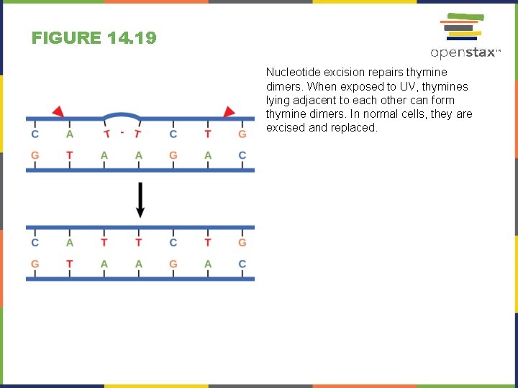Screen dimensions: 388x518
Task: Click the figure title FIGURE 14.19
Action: point(94,38)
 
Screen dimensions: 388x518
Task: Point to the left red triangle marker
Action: point(58,111)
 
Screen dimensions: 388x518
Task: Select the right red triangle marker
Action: point(229,111)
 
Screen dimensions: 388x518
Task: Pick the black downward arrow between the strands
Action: point(140,200)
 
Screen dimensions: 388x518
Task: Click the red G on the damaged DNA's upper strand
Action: point(242,134)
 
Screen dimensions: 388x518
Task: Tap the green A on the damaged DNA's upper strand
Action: point(70,134)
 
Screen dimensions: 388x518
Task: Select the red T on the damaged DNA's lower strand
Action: point(70,155)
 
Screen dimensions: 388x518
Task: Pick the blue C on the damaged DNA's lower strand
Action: point(242,155)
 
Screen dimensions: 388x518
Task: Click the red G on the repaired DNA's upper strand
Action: point(242,243)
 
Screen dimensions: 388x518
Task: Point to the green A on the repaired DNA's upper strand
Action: point(70,243)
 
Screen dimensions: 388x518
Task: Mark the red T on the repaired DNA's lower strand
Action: point(70,264)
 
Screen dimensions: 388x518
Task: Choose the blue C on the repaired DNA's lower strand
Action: point(242,264)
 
